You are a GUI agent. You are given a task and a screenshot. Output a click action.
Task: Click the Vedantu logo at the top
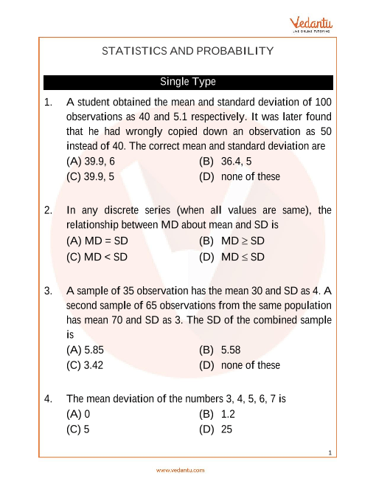click(313, 24)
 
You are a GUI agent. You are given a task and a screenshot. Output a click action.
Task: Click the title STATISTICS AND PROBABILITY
click(188, 51)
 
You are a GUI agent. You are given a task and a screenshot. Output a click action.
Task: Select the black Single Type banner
click(188, 82)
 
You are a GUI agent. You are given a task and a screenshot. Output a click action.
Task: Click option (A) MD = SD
click(97, 241)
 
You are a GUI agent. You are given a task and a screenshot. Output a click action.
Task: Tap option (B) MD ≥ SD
click(231, 241)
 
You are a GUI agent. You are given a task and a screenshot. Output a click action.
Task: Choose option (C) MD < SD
click(97, 258)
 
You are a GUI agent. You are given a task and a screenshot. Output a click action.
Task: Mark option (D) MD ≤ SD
click(231, 258)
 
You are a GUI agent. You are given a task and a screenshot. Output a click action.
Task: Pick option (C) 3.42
click(83, 365)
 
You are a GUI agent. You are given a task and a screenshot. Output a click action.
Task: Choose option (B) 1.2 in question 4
click(217, 415)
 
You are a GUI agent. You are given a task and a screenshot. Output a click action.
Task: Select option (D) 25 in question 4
click(216, 430)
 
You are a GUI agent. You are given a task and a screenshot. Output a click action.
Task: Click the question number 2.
click(48, 210)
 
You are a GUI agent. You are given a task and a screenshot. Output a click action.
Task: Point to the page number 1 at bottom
click(331, 452)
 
